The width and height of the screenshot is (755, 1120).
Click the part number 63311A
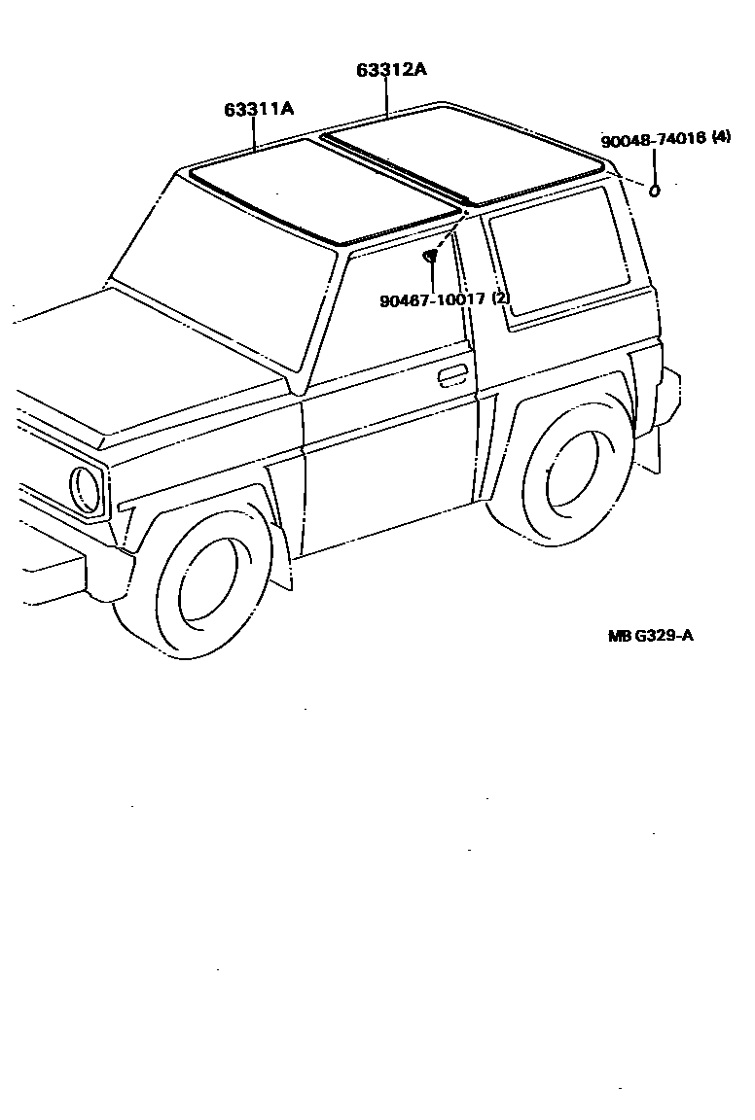(x=259, y=109)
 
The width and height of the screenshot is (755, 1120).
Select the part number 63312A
(x=391, y=70)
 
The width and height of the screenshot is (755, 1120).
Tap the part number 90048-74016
(x=653, y=140)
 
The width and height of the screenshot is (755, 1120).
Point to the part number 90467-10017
(x=432, y=298)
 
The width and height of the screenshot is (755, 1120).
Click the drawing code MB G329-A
(x=651, y=636)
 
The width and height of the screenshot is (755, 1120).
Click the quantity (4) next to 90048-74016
(x=721, y=137)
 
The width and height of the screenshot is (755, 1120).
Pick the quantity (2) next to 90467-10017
(x=500, y=297)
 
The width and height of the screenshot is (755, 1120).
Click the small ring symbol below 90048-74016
(x=655, y=191)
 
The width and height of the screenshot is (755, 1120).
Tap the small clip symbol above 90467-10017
(x=431, y=257)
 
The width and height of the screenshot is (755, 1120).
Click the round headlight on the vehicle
(x=87, y=489)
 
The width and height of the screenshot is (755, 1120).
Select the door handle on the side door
(x=452, y=375)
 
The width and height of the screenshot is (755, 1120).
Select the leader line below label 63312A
(x=387, y=97)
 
